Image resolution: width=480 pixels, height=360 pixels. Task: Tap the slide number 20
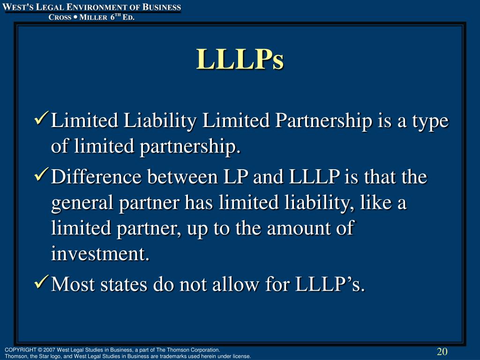[442, 352]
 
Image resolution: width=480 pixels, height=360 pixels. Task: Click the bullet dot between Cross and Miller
[75, 17]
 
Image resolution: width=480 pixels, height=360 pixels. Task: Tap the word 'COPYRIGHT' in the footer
[22, 350]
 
